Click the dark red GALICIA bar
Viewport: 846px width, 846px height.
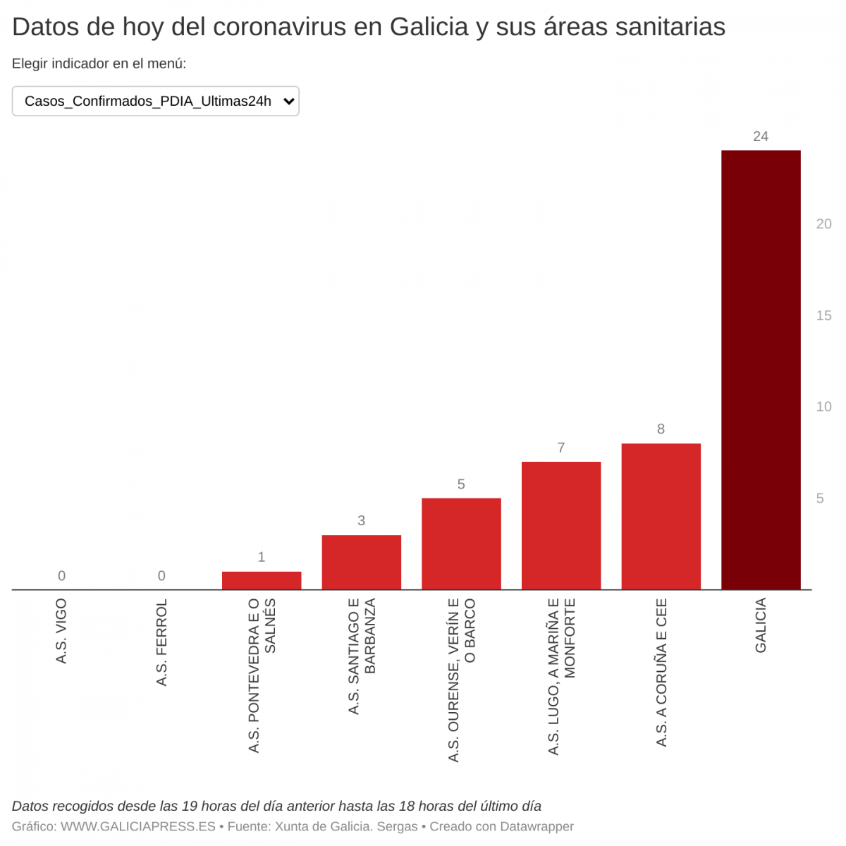(761, 370)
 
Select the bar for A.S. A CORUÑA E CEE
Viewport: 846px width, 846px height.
(661, 517)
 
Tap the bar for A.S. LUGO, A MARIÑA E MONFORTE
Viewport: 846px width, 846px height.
(561, 526)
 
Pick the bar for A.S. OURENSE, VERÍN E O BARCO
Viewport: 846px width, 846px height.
(461, 544)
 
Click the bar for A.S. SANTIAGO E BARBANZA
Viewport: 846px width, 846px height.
(361, 563)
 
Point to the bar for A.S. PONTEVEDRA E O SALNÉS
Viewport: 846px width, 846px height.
(262, 581)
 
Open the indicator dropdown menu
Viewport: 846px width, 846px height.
(156, 101)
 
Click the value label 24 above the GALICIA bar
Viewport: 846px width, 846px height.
(760, 137)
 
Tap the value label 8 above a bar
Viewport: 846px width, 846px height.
(661, 429)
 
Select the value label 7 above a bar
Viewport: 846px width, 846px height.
(561, 448)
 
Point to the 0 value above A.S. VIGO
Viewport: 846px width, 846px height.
(62, 576)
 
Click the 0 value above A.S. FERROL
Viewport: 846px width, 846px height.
(161, 576)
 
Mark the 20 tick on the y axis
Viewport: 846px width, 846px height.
(823, 224)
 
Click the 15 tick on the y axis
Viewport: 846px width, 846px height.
(823, 316)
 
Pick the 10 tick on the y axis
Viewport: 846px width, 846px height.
(823, 407)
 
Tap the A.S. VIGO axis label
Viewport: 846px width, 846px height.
(62, 631)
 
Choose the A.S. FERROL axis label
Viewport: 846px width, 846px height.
(161, 642)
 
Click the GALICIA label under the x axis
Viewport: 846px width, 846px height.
(761, 625)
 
